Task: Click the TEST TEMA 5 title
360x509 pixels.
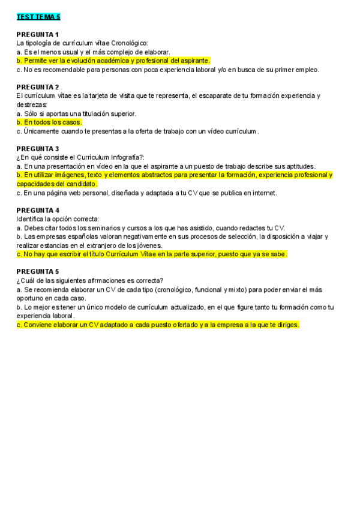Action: (x=38, y=17)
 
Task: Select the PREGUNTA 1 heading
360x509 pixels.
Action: (x=37, y=34)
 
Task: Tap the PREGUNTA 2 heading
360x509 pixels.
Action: (x=37, y=87)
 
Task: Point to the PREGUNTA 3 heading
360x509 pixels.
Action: (x=37, y=148)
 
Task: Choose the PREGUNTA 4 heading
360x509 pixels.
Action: (x=37, y=210)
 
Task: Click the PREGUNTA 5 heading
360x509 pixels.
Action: (x=37, y=271)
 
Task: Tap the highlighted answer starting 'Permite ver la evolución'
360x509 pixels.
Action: (x=113, y=61)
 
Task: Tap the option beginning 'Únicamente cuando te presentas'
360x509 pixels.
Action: (x=138, y=131)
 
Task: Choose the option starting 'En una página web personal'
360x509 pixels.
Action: (x=147, y=193)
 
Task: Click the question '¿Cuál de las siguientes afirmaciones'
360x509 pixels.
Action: (x=90, y=280)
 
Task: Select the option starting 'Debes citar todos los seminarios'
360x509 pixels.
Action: (x=151, y=227)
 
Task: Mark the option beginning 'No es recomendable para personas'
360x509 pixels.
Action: (x=167, y=69)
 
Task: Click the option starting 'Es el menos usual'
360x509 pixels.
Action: (x=93, y=52)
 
